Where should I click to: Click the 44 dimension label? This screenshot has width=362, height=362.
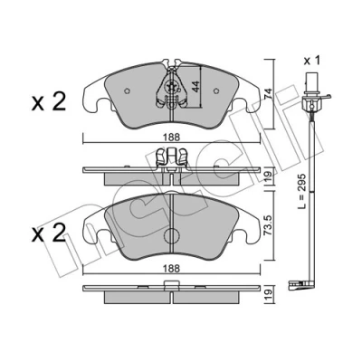tap(195, 87)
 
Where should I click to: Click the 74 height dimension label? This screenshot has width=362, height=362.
tap(268, 94)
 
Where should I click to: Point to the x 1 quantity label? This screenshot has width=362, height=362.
tap(311, 61)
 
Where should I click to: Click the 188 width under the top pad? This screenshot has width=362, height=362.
tap(172, 138)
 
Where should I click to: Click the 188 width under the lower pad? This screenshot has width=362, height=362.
tap(172, 268)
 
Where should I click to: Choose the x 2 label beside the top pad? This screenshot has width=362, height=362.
tap(49, 101)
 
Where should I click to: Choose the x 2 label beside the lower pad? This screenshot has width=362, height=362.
tap(49, 233)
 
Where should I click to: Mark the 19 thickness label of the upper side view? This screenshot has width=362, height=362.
tap(269, 176)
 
